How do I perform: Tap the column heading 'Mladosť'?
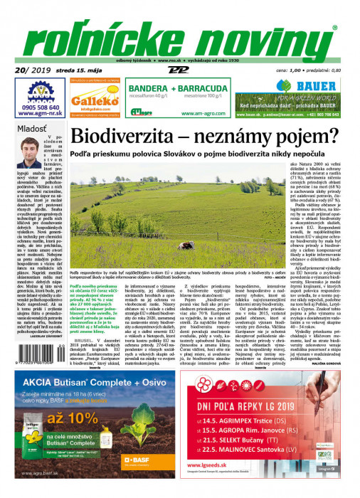pos(32,129)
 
